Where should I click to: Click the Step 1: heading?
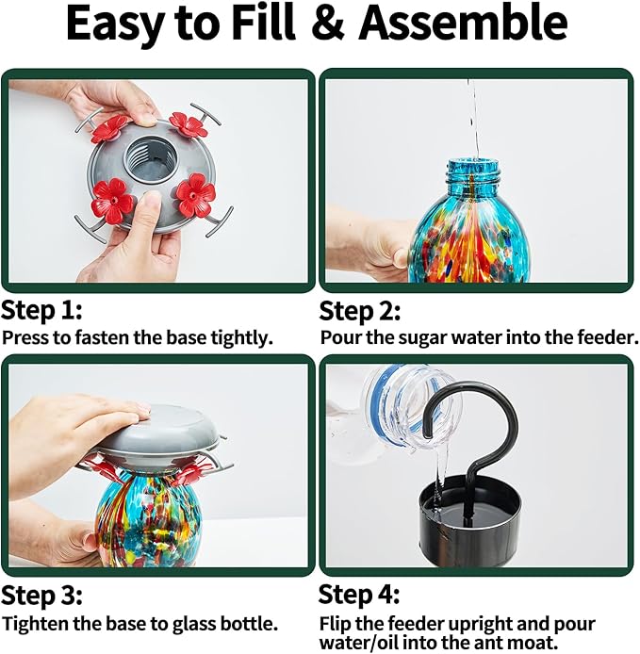click(41, 310)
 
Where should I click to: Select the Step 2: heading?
click(360, 311)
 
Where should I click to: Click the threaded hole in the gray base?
click(149, 156)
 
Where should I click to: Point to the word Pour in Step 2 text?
click(341, 338)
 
